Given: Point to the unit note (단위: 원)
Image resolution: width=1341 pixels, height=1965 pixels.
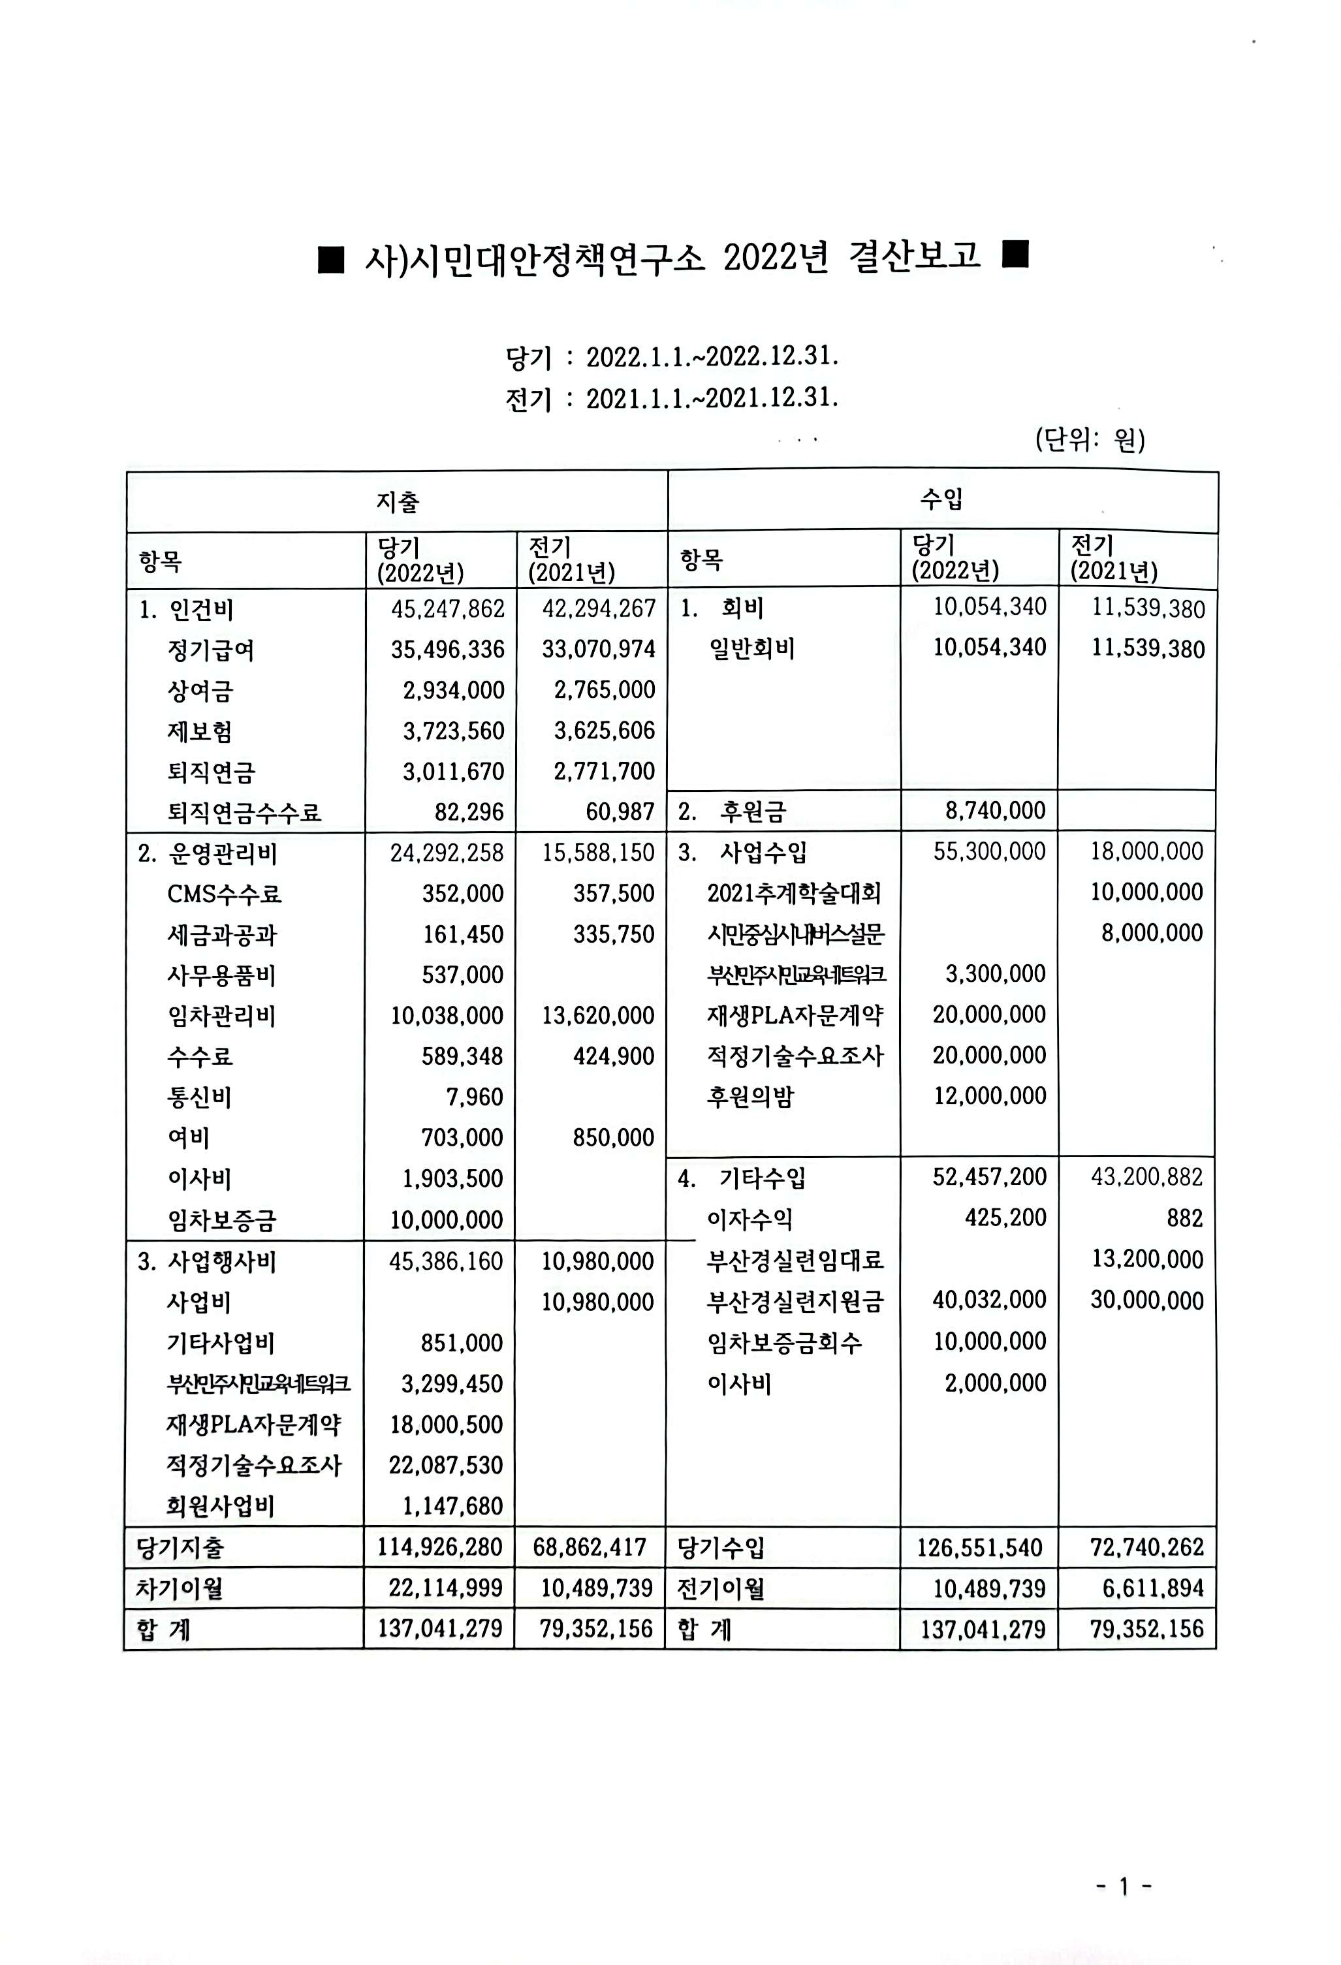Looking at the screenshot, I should pyautogui.click(x=1090, y=439).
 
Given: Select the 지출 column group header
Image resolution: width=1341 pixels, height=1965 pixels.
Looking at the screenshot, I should pyautogui.click(x=398, y=502).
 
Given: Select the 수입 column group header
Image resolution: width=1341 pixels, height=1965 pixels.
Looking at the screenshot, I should pyautogui.click(x=941, y=499).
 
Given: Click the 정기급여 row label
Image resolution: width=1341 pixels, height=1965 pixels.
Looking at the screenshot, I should pyautogui.click(x=210, y=650).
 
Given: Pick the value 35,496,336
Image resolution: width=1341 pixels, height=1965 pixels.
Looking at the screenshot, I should pyautogui.click(x=447, y=650).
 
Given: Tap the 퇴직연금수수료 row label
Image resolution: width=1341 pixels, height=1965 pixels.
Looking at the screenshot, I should pyautogui.click(x=244, y=813).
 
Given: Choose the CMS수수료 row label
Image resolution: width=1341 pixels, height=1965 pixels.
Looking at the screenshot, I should pyautogui.click(x=224, y=894).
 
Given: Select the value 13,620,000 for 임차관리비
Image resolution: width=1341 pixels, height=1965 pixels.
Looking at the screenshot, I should pyautogui.click(x=598, y=1016).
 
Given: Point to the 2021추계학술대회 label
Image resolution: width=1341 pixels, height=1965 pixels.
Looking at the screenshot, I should pyautogui.click(x=794, y=893).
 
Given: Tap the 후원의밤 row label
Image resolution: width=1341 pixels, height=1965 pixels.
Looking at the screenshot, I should pyautogui.click(x=750, y=1097).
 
